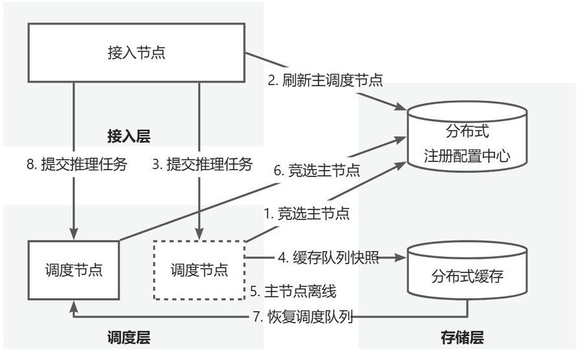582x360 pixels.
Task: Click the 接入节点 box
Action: pos(136,53)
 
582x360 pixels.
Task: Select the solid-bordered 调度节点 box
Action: pos(74,270)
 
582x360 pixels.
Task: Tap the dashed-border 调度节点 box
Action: pos(199,269)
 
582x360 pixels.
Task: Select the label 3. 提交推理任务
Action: pos(202,164)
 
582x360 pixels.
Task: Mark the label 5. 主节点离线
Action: pos(293,290)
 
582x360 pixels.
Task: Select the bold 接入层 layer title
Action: pos(129,136)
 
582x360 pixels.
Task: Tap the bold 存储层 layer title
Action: pos(462,338)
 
